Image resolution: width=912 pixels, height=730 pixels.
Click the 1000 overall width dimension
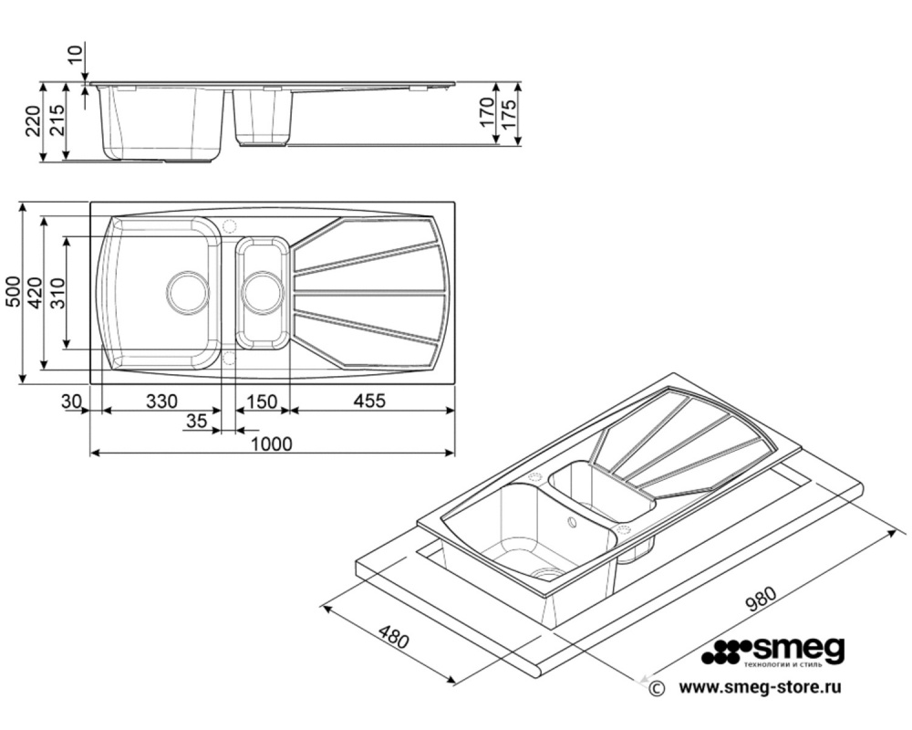point(272,443)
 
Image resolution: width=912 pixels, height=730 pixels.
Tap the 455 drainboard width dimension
point(370,401)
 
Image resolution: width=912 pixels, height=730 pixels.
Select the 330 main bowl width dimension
point(161,401)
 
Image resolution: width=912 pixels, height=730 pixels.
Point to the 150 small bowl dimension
point(262,401)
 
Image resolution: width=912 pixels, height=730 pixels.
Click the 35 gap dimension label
point(197,420)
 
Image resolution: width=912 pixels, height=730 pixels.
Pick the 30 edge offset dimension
point(71,401)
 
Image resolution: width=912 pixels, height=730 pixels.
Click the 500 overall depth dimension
point(13,292)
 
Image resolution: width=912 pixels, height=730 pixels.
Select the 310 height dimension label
point(57,293)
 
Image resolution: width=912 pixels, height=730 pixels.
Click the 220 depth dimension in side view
point(33,121)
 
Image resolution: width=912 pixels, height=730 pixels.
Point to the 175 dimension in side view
point(508,114)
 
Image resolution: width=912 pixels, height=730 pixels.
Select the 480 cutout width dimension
point(394,637)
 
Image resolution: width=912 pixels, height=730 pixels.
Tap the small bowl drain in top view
point(263,291)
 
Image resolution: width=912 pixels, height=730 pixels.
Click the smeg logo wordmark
point(799,648)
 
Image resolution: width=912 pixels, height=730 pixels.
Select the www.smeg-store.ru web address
point(761,687)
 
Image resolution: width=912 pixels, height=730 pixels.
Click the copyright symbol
point(657,688)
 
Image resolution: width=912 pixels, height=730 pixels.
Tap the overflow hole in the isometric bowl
point(573,522)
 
